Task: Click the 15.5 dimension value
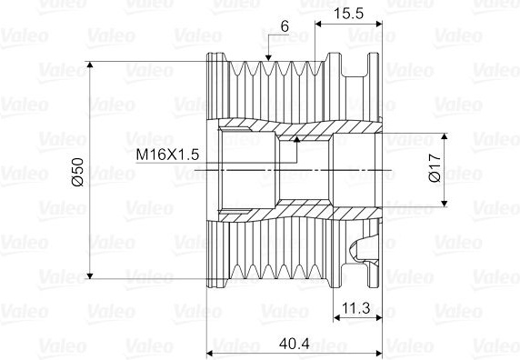pyautogui.click(x=348, y=14)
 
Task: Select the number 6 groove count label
pyautogui.click(x=285, y=26)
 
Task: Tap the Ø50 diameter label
pyautogui.click(x=78, y=172)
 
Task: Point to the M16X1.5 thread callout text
pyautogui.click(x=167, y=155)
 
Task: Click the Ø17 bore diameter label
pyautogui.click(x=435, y=168)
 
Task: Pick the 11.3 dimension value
pyautogui.click(x=356, y=308)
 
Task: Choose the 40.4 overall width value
pyautogui.click(x=295, y=344)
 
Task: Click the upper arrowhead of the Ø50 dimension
pyautogui.click(x=90, y=65)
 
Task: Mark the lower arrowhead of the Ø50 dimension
pyautogui.click(x=90, y=275)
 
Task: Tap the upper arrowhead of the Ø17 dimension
pyautogui.click(x=445, y=136)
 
